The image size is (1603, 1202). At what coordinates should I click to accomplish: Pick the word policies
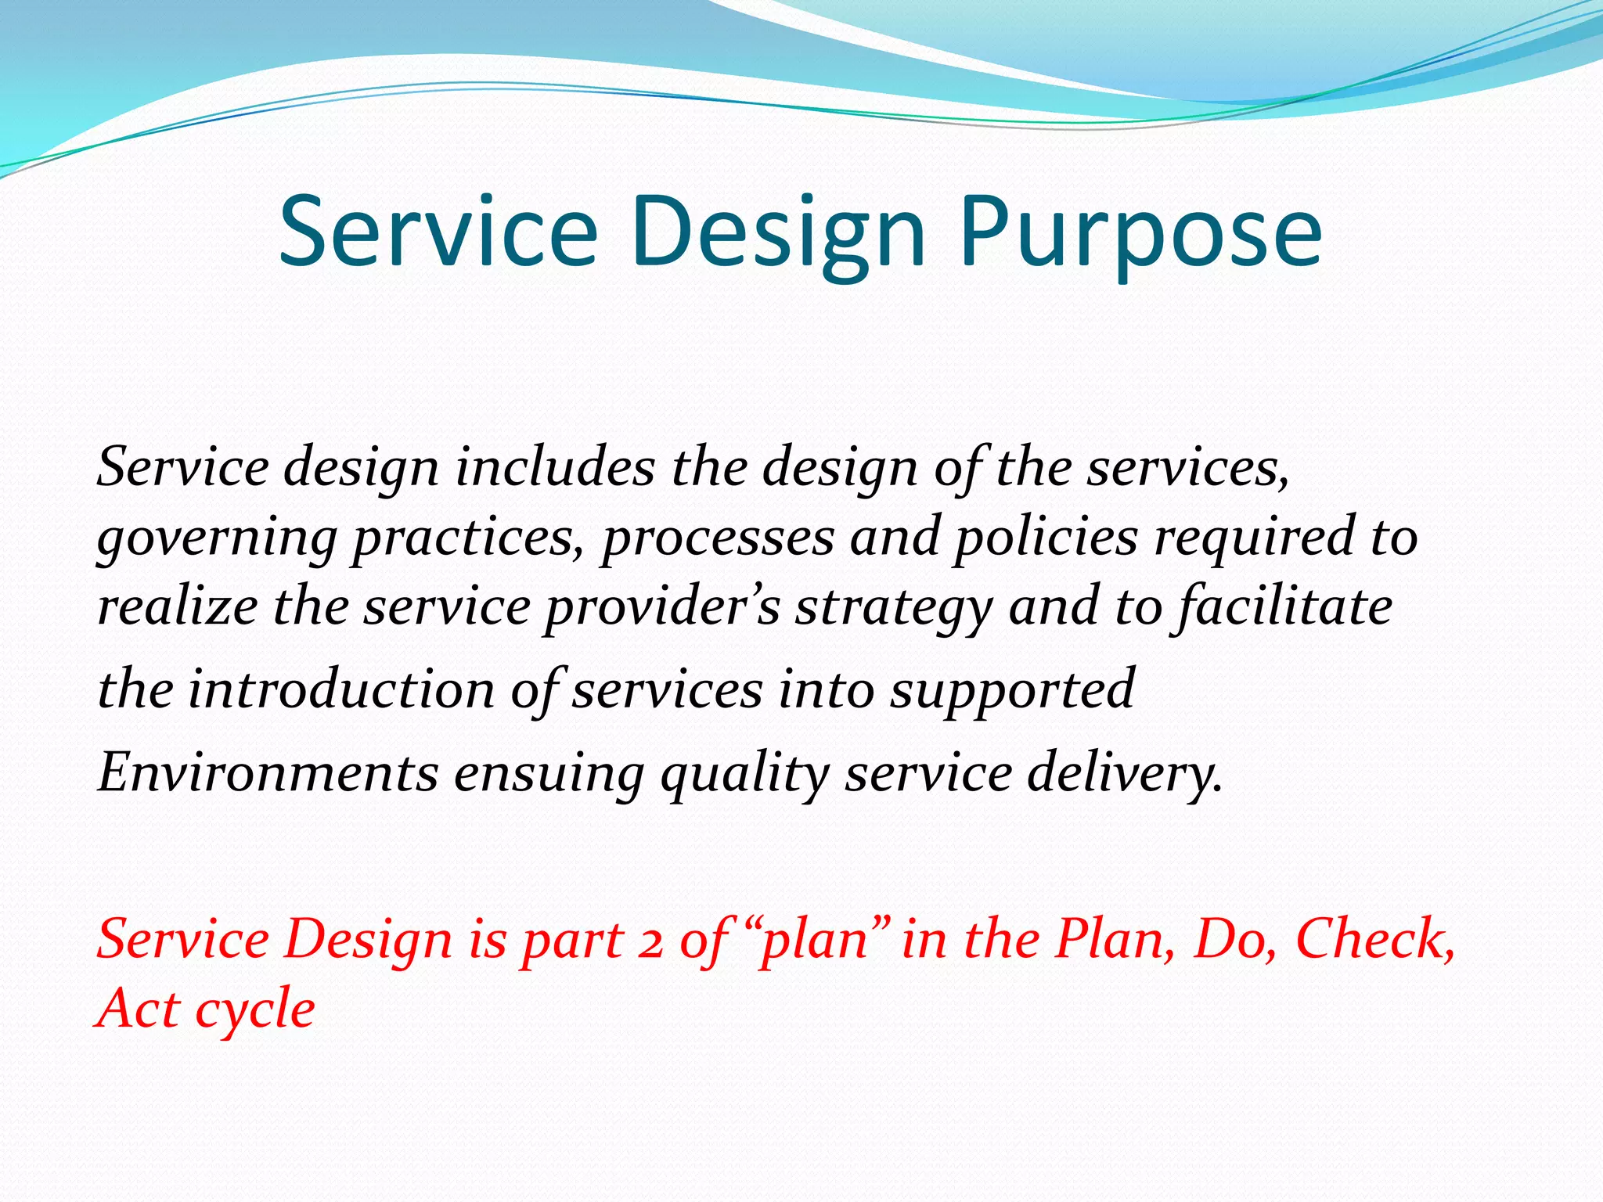click(x=1046, y=538)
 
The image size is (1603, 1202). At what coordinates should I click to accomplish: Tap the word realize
click(x=177, y=607)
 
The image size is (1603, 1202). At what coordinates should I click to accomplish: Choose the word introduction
click(x=340, y=690)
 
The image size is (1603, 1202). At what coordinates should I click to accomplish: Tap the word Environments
click(x=268, y=772)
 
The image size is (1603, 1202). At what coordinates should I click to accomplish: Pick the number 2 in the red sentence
click(x=649, y=941)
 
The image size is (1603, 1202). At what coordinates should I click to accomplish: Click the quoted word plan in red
click(x=814, y=941)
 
